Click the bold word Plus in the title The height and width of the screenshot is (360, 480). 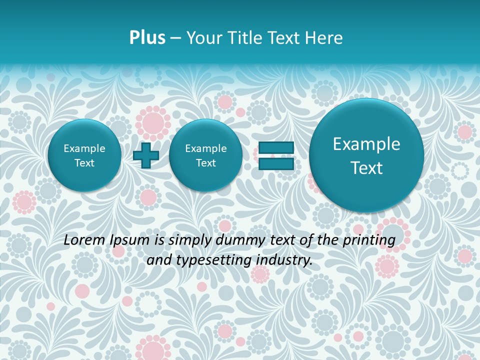coord(147,38)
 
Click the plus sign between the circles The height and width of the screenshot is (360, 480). coord(146,155)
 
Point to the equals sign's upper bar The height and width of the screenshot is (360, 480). coord(276,147)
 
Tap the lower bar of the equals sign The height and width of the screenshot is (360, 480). coord(276,163)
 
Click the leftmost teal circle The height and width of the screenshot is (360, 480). coord(84,155)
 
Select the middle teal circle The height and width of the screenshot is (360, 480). coord(205,155)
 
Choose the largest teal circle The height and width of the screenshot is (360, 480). coord(366,155)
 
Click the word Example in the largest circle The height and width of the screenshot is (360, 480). coord(366,144)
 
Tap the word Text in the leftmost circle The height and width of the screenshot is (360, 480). coord(84,163)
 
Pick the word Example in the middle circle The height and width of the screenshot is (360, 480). coord(205,148)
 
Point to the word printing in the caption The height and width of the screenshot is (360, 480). coord(370,240)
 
